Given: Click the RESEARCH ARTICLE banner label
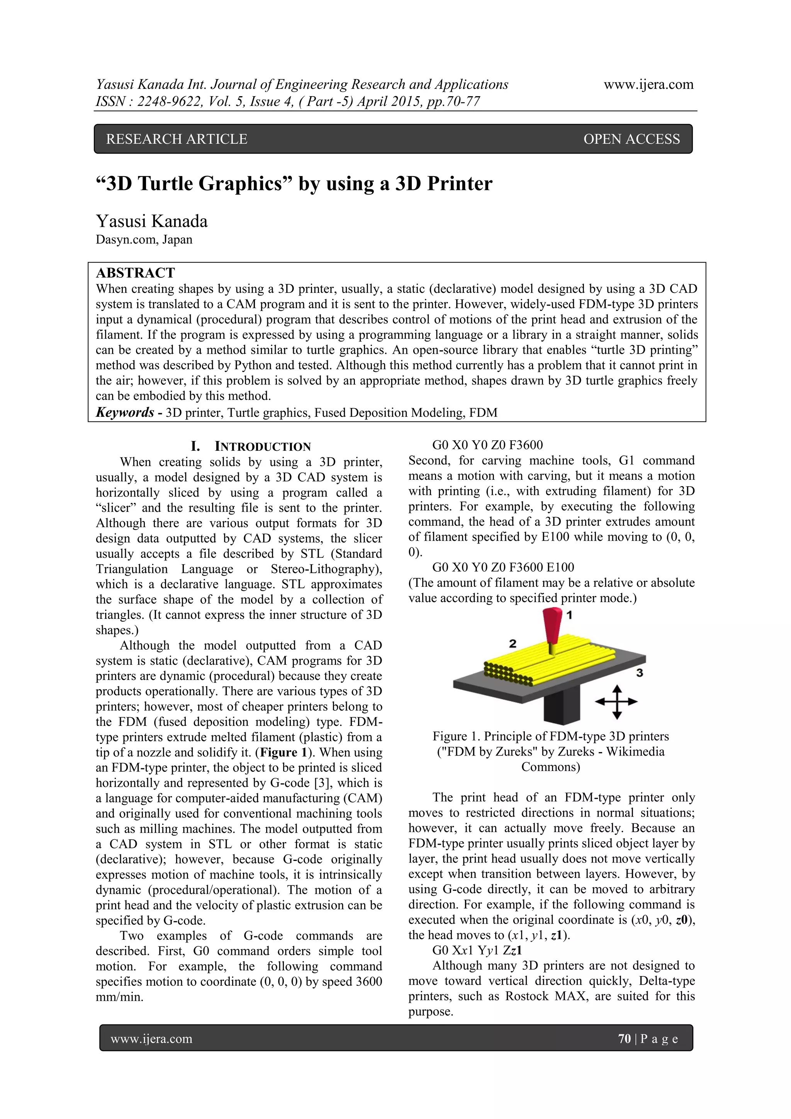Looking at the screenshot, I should (x=177, y=139).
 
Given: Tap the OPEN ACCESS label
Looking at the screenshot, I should (x=631, y=139).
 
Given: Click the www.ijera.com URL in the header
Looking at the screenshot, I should (x=648, y=85).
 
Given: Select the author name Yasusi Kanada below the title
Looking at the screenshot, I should (x=151, y=221).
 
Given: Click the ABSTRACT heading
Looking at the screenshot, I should (x=135, y=273).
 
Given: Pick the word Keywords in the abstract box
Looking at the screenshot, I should (x=125, y=412).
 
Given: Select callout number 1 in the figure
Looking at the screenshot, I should (x=569, y=615).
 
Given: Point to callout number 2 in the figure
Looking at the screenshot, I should (x=512, y=644).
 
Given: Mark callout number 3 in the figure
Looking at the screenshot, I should (x=640, y=672).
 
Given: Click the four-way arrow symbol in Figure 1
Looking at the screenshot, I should (x=616, y=702).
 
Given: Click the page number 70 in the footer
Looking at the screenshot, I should (x=624, y=1039).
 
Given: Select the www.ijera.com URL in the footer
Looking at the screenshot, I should (x=151, y=1039).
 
